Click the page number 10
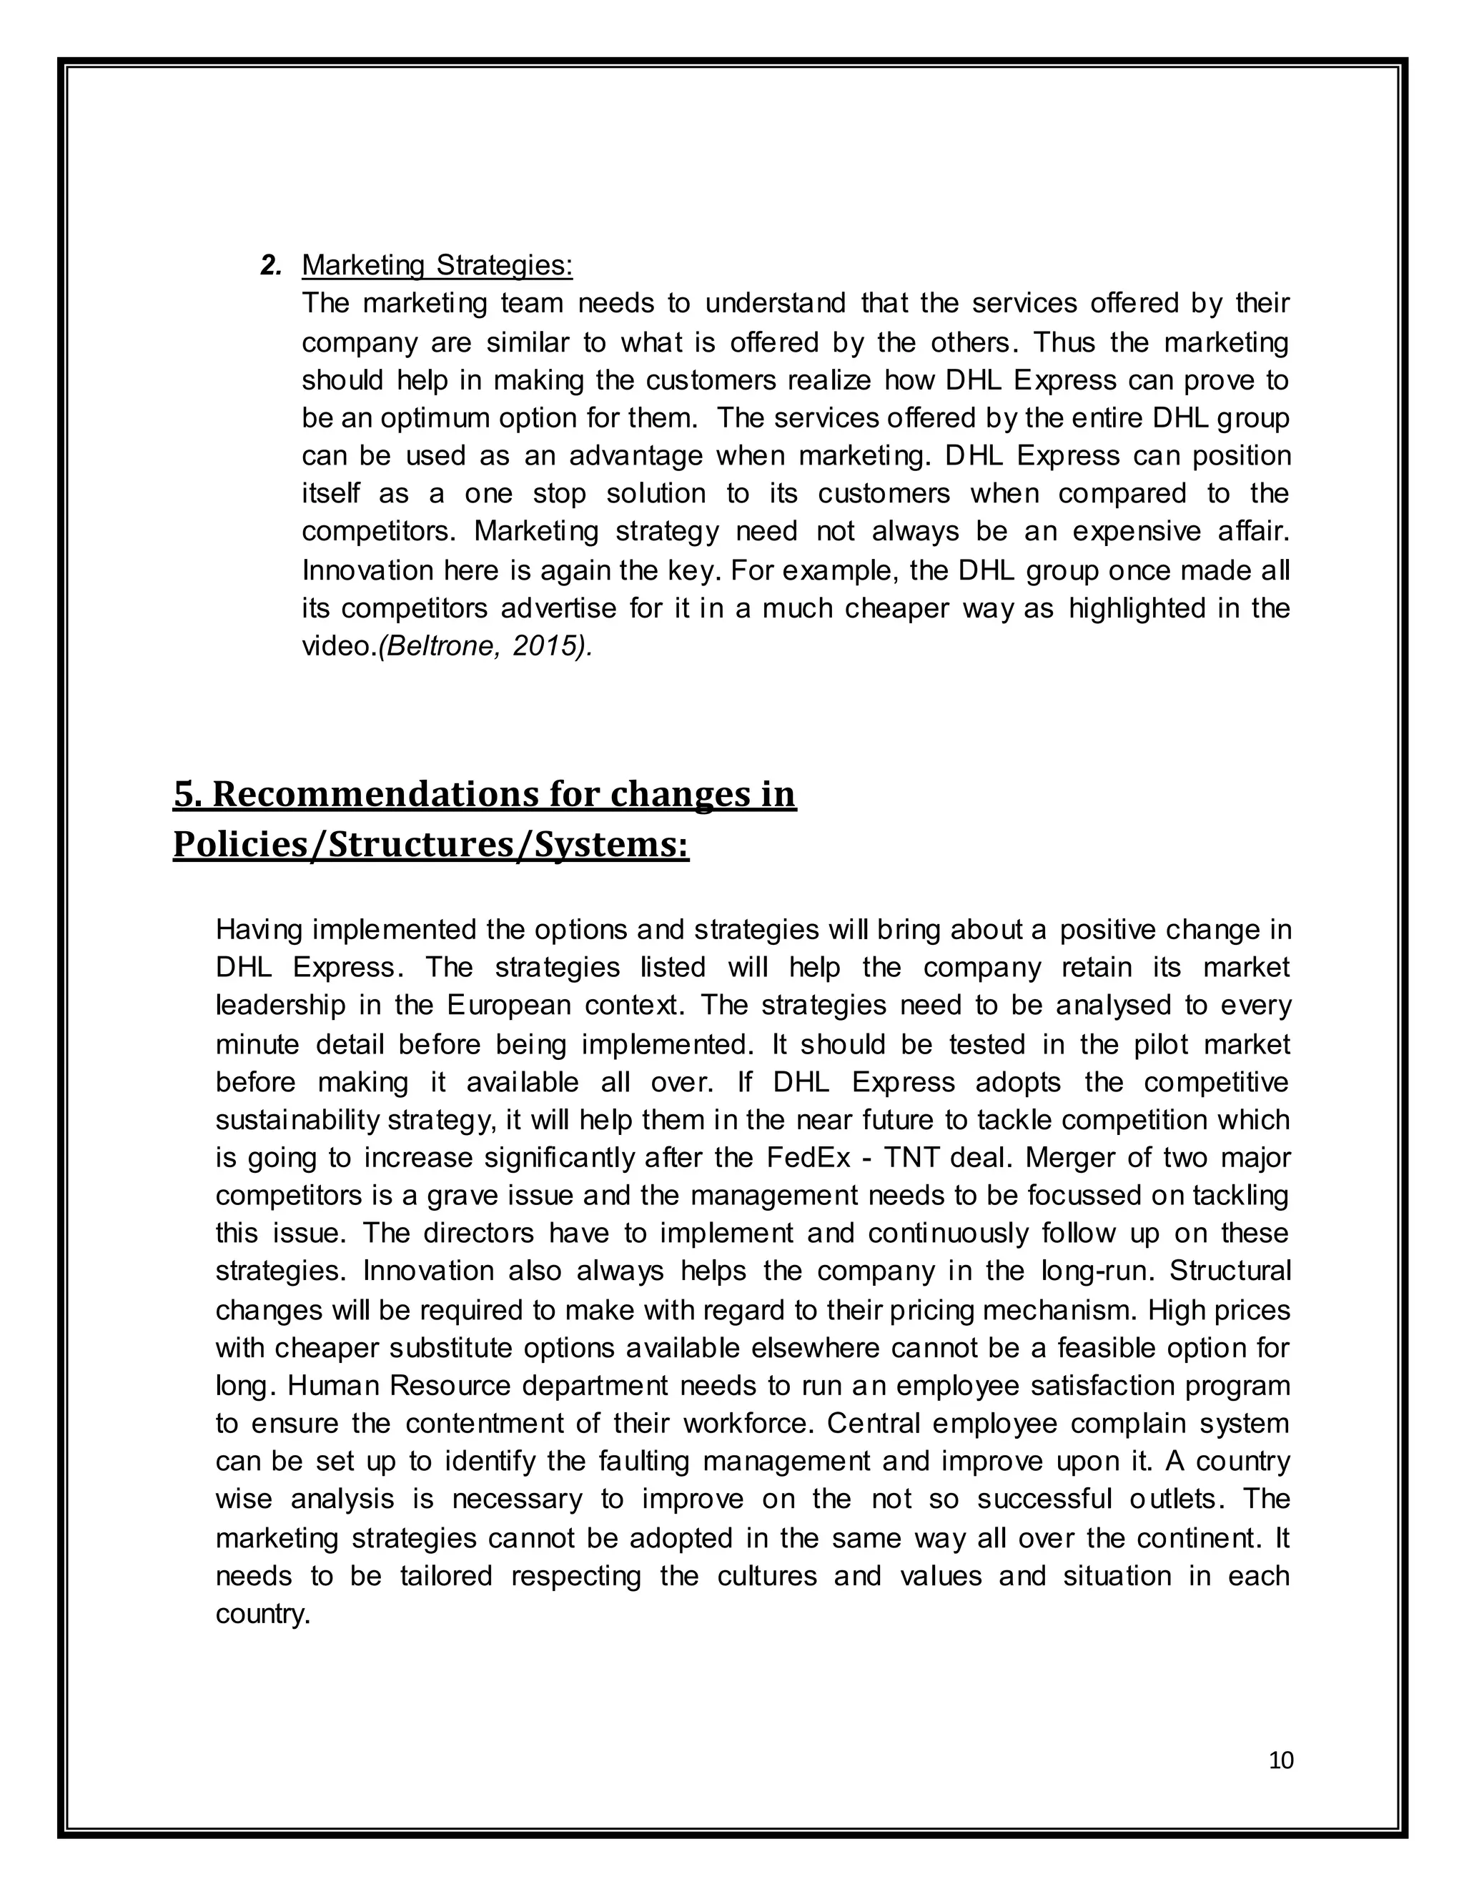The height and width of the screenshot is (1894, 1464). [x=1280, y=1760]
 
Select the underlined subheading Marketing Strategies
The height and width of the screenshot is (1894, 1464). [x=436, y=265]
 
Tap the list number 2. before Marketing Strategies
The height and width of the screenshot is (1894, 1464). [x=271, y=265]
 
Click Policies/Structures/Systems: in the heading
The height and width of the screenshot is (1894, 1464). [x=430, y=844]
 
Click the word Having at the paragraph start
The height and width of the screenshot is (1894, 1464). [x=259, y=930]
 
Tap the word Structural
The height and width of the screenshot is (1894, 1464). [x=1230, y=1271]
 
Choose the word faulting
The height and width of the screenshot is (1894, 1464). [x=643, y=1462]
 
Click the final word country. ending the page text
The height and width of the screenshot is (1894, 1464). [x=262, y=1613]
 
